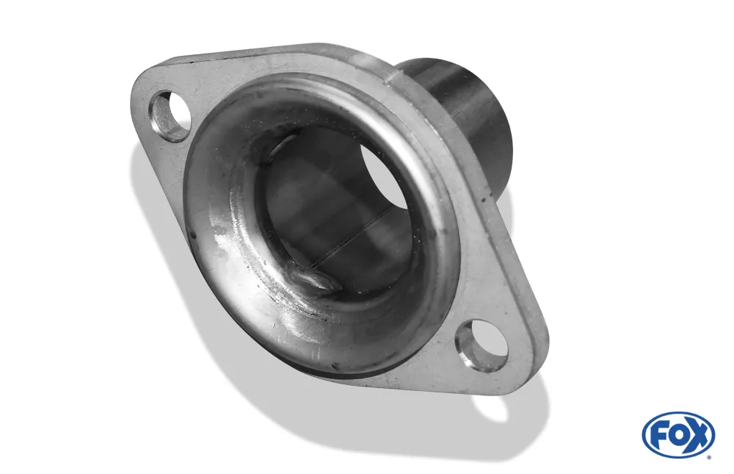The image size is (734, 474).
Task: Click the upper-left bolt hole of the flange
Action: point(170,116)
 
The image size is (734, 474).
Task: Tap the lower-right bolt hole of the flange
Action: point(482,345)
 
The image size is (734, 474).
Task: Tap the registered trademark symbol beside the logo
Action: point(708,457)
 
